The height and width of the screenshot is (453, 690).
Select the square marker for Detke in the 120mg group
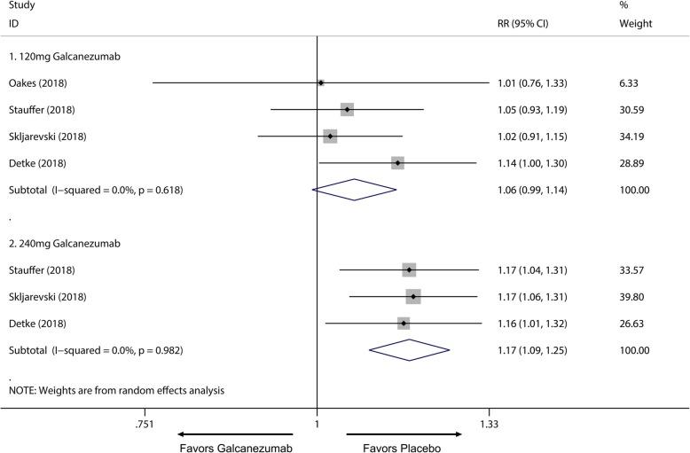click(x=397, y=163)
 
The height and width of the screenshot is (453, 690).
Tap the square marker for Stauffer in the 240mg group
click(x=409, y=269)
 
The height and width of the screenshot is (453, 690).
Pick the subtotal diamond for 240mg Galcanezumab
click(x=410, y=350)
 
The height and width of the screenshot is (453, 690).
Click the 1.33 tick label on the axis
click(x=489, y=425)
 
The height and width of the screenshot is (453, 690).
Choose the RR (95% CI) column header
click(x=523, y=24)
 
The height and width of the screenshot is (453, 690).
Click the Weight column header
click(x=635, y=24)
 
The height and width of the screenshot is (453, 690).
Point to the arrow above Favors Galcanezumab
click(x=234, y=434)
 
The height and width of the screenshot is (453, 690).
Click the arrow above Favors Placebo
click(x=404, y=434)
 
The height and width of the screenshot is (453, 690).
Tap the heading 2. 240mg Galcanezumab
click(x=65, y=243)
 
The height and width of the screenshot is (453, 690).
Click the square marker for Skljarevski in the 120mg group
click(x=330, y=137)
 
